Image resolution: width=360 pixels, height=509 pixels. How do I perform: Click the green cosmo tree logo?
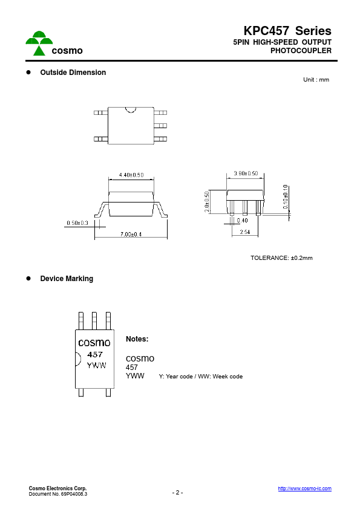point(39,43)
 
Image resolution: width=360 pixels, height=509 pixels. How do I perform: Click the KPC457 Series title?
point(287,31)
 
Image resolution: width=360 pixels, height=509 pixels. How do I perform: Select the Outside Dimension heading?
point(73,73)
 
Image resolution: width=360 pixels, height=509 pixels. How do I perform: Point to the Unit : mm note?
point(316,80)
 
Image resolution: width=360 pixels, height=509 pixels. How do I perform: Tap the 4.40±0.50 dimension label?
point(131,175)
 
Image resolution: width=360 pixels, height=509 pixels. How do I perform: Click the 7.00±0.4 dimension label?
point(131,234)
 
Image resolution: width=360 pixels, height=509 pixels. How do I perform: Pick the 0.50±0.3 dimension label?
point(77,222)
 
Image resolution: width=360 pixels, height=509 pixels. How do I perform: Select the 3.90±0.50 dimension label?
point(246,173)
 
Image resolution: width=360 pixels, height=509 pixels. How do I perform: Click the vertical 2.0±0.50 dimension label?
point(207,201)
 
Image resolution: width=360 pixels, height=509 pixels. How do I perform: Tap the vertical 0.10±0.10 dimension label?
point(285,196)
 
